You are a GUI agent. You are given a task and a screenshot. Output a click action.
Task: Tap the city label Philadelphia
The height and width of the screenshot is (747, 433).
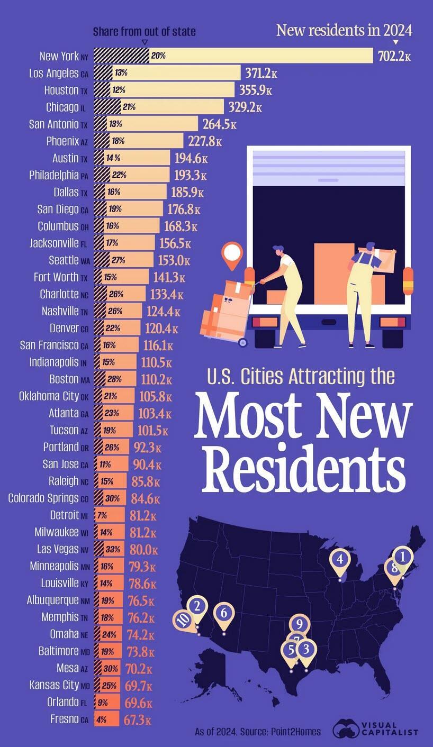(53, 175)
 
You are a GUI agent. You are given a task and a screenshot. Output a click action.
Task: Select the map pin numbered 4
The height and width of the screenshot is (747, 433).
(340, 560)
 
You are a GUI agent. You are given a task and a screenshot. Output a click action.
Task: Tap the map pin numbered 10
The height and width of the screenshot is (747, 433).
(184, 620)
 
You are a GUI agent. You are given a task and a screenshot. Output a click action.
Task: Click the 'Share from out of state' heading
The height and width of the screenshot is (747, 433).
(144, 32)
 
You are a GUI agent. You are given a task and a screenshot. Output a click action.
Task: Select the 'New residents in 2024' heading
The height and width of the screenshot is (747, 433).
(344, 30)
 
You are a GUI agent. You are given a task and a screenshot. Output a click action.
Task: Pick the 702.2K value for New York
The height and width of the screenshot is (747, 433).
(394, 56)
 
